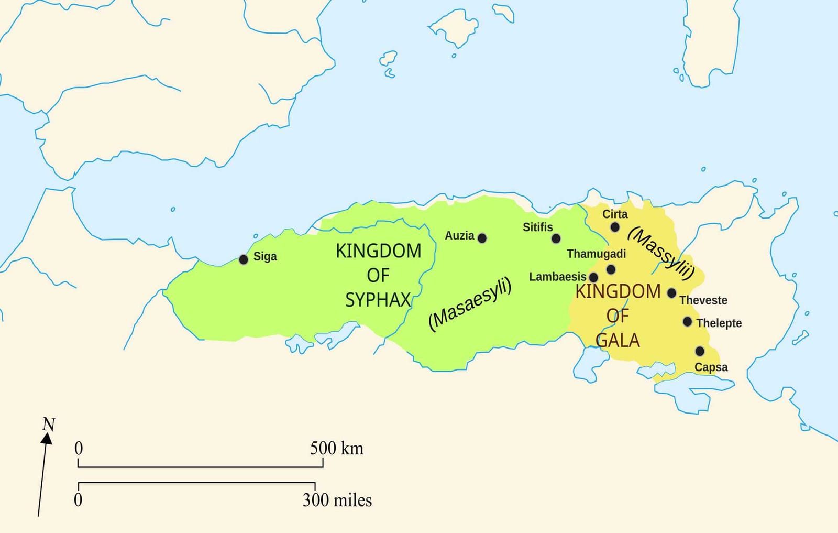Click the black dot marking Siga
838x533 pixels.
(x=244, y=259)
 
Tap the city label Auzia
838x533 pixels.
(x=459, y=236)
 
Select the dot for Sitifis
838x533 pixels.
(x=556, y=238)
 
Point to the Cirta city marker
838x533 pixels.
(x=615, y=227)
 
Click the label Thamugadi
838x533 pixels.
(x=596, y=254)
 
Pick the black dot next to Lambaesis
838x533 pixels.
(x=593, y=277)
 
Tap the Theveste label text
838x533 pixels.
(x=703, y=300)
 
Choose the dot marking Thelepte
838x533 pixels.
(x=688, y=321)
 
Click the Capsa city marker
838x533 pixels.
(x=700, y=351)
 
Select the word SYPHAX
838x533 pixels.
(x=378, y=300)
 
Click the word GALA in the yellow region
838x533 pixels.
(x=618, y=341)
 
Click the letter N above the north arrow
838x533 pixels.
(x=49, y=424)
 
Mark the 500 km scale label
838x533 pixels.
(x=336, y=449)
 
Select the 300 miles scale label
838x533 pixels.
(x=337, y=500)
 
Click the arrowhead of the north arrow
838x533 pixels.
(x=47, y=438)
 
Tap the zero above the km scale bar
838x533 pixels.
(x=79, y=449)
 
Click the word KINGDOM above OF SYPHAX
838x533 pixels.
(x=378, y=251)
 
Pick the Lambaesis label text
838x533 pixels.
(x=557, y=277)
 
